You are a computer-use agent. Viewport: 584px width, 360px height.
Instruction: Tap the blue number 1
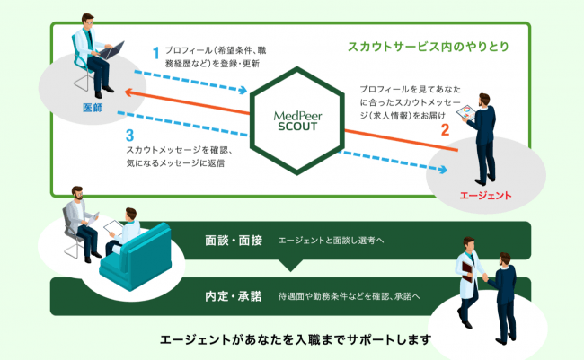point(155,53)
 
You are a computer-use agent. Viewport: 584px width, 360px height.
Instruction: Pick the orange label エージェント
point(485,195)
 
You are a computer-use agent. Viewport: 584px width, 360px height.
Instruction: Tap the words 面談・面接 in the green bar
point(233,241)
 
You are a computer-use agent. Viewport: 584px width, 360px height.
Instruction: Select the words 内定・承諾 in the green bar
point(233,295)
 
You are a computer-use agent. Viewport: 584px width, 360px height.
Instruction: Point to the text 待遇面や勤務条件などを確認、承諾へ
point(349,295)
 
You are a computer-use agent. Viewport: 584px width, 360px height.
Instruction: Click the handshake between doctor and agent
point(486,278)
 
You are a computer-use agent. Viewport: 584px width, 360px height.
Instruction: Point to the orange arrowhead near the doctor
point(129,92)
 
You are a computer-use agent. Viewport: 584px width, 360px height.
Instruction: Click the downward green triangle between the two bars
point(289,265)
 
